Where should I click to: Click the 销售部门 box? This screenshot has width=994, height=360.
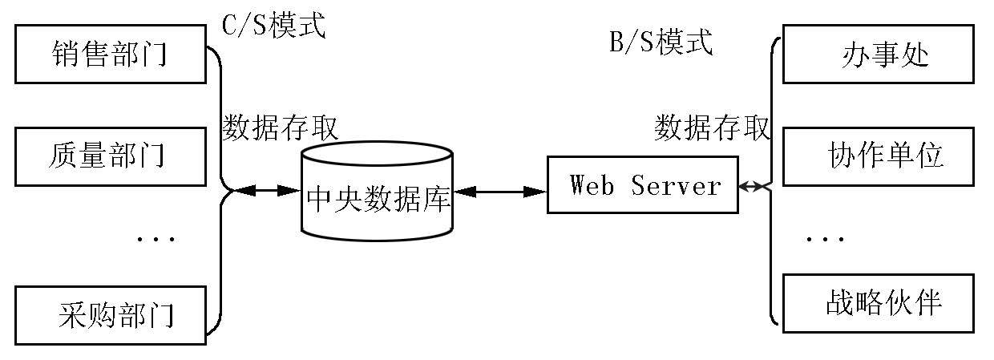(x=111, y=55)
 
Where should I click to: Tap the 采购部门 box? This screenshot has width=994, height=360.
(x=111, y=316)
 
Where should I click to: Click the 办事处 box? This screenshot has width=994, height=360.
(x=879, y=55)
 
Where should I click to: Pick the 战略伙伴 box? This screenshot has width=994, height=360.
(x=879, y=303)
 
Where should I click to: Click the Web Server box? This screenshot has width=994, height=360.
(x=642, y=185)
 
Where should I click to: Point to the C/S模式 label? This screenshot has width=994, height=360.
(x=274, y=26)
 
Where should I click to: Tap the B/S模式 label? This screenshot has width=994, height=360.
(x=661, y=42)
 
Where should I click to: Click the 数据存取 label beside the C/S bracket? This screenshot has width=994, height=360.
(x=280, y=127)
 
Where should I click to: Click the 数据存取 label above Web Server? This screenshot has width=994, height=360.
(x=713, y=127)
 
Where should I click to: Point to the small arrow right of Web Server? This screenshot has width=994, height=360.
(x=752, y=187)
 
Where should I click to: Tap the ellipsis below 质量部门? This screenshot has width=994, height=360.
(x=155, y=238)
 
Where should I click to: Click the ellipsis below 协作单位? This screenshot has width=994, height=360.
(x=823, y=238)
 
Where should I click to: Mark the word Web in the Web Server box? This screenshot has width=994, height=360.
(x=592, y=185)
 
